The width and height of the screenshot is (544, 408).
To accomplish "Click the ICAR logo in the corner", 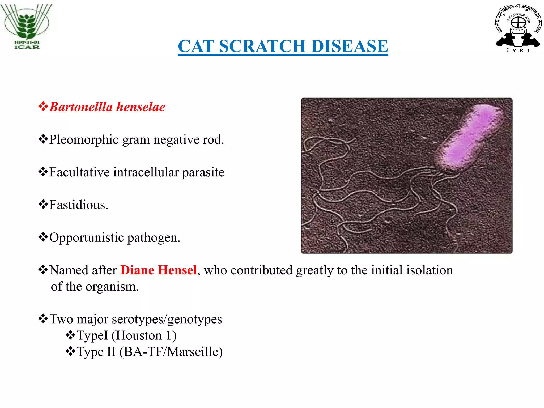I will click(27, 27).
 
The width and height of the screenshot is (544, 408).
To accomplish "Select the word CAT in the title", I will click(196, 46).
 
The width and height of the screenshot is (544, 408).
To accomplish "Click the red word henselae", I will click(141, 107).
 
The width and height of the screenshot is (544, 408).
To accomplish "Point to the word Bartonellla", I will click(81, 107).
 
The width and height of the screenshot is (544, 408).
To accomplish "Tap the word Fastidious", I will click(79, 205).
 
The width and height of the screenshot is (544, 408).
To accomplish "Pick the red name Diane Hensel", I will click(159, 270).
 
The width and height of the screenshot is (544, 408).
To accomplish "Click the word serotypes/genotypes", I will click(167, 319).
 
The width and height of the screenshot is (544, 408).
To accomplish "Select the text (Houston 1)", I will click(144, 335).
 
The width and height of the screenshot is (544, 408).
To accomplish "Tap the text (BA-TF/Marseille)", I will click(171, 352).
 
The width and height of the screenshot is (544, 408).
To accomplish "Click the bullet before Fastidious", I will click(43, 205).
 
